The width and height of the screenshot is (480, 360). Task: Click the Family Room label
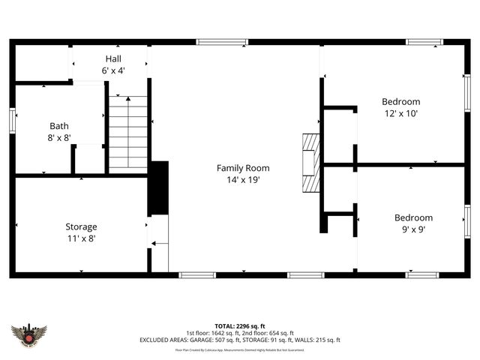pos(243,168)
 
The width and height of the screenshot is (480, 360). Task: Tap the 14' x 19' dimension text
pos(243,180)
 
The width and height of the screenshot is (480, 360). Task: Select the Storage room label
pos(81,226)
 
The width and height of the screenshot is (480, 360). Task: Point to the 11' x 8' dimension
pos(81,238)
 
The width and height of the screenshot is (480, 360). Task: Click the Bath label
pos(59,126)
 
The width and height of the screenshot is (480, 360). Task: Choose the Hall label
pos(113,58)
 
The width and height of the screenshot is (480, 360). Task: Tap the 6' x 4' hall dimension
pos(113,70)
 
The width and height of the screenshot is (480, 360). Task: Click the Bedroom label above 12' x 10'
pos(400,102)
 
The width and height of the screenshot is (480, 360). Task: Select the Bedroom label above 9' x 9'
pos(413,217)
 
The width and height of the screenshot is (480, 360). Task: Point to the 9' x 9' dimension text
pos(413,229)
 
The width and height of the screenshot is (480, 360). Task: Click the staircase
pos(128,133)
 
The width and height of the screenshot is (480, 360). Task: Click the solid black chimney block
pos(158,187)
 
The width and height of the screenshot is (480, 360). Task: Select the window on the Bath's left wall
pos(13,121)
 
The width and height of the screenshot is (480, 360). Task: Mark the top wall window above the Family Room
pos(221,42)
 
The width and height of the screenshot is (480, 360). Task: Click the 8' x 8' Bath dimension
pos(59,138)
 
